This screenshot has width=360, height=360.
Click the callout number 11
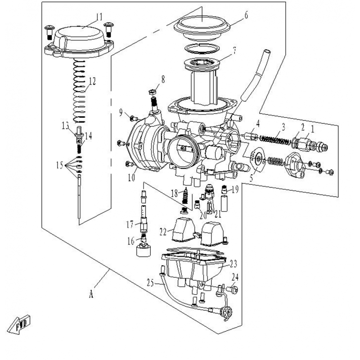tap(99, 18)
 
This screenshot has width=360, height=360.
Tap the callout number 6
tap(246, 15)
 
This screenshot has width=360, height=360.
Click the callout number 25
tap(150, 283)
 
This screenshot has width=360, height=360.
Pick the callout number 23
tap(233, 263)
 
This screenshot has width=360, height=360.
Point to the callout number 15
tap(59, 165)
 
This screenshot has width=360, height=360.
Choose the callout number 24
tap(234, 276)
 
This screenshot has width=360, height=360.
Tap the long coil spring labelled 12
tap(80, 94)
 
